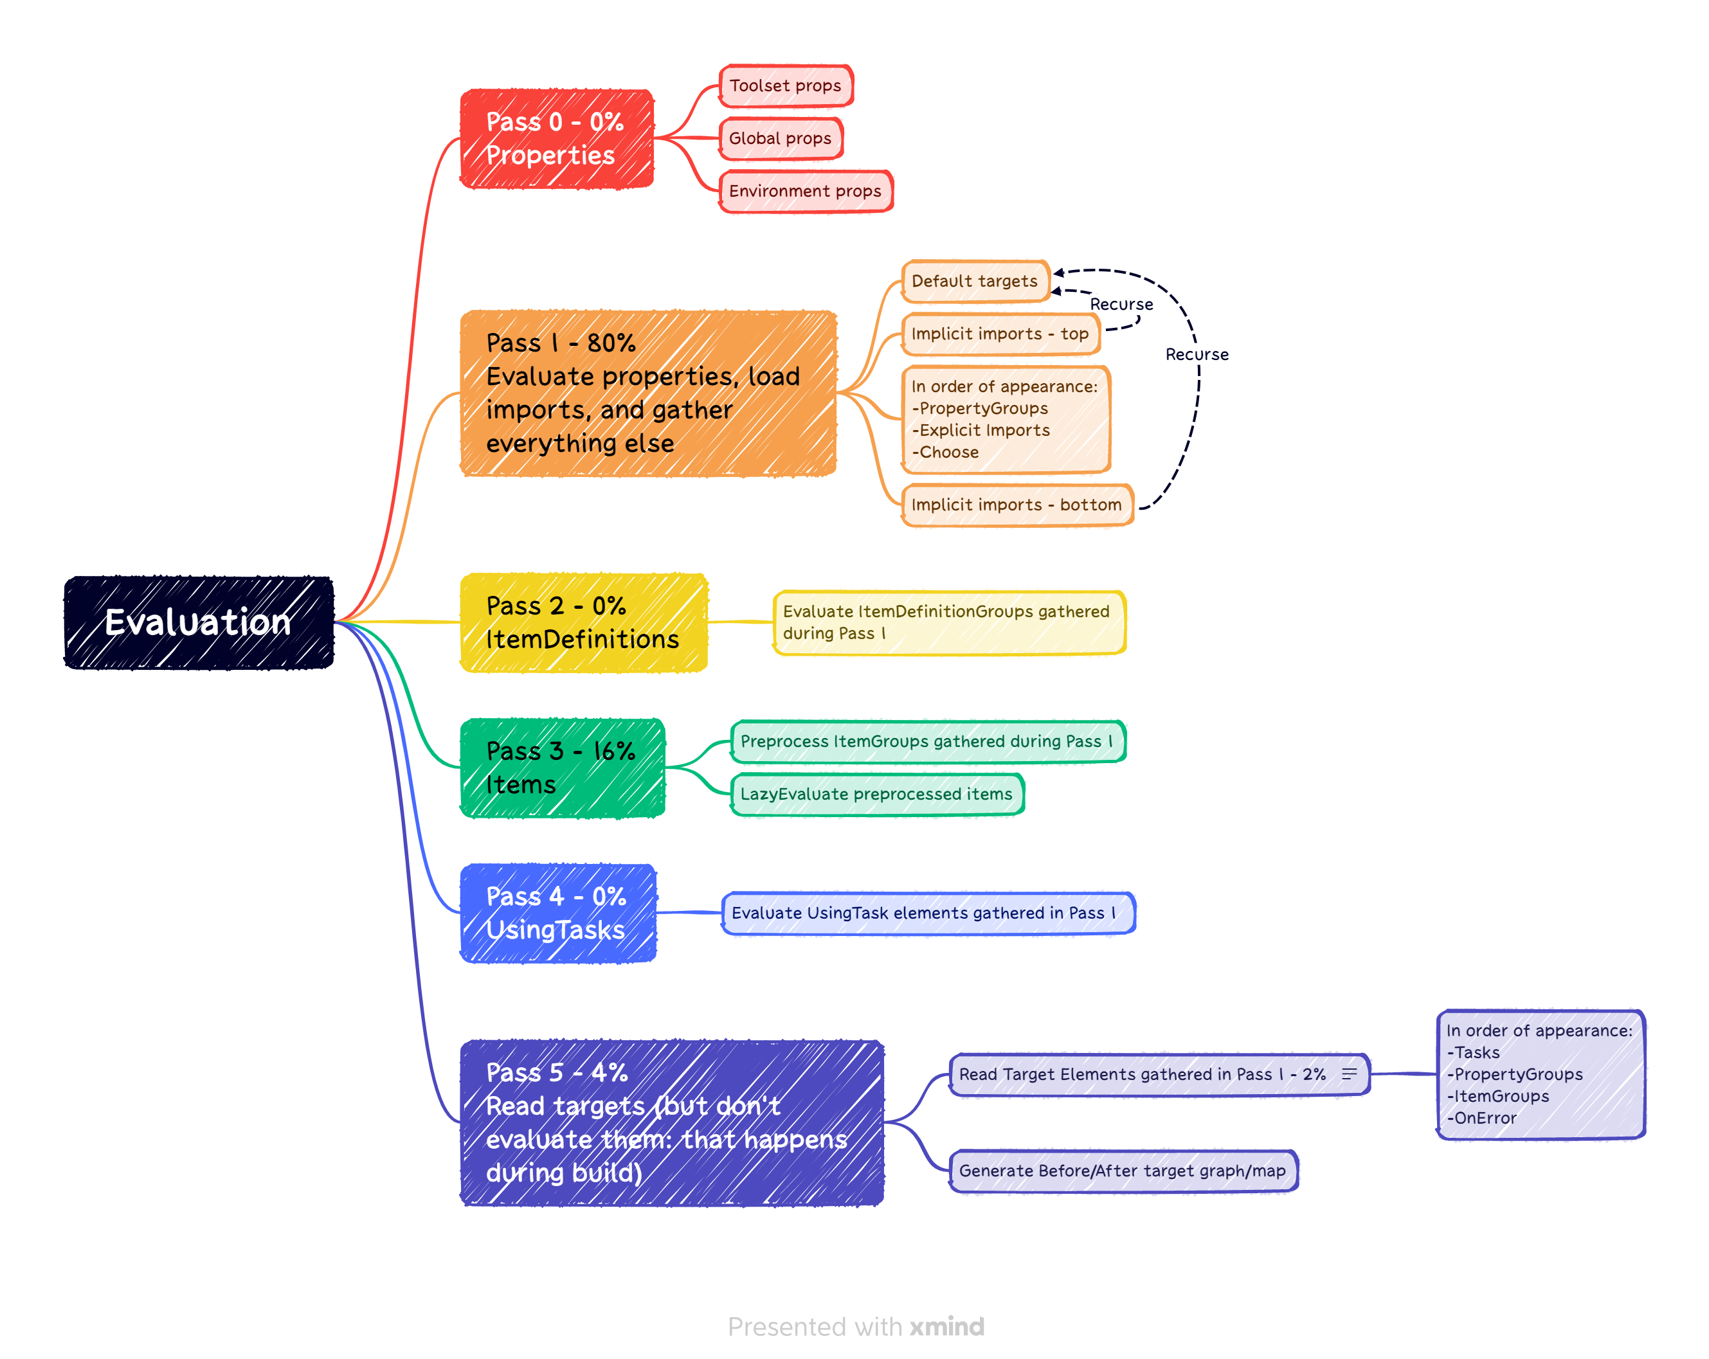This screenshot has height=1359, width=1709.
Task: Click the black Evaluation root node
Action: point(198,622)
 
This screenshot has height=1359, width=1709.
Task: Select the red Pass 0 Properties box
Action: point(556,139)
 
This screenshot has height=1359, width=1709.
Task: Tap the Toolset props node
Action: point(785,85)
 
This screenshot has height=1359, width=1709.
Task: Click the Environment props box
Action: point(804,191)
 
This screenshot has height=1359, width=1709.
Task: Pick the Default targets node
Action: point(974,282)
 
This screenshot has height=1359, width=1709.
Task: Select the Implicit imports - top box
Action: point(1000,334)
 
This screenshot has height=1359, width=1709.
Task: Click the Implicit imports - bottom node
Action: point(1016,505)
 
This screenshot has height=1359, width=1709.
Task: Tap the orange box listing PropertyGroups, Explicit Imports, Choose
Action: point(1004,419)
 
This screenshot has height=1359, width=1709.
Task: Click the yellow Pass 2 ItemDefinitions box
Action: point(583,623)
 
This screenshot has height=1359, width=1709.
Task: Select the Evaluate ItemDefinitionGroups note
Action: point(948,623)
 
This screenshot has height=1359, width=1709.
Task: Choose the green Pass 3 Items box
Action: point(561,767)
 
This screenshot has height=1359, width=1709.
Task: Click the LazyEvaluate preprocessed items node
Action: point(876,794)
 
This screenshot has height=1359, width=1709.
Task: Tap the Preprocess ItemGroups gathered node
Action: point(927,742)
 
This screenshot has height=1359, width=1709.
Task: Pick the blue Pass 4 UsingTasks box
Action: point(557,913)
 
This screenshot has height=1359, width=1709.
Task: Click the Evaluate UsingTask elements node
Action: point(927,913)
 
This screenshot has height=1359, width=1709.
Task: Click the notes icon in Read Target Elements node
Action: point(1349,1074)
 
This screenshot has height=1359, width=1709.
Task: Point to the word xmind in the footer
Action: point(946,1326)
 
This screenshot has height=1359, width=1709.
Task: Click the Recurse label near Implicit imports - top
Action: point(1121,304)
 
